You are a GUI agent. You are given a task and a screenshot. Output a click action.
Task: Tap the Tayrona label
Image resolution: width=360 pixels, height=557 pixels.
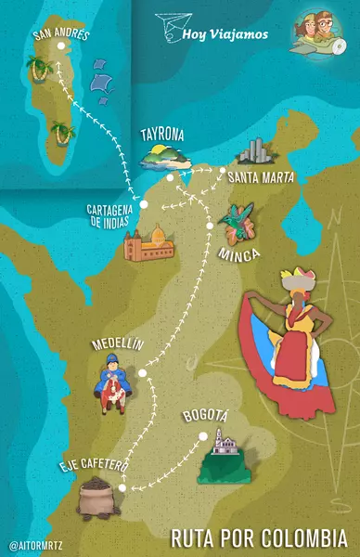[163, 134]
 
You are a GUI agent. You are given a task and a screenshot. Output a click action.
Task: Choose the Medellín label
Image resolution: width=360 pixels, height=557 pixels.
[118, 344]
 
